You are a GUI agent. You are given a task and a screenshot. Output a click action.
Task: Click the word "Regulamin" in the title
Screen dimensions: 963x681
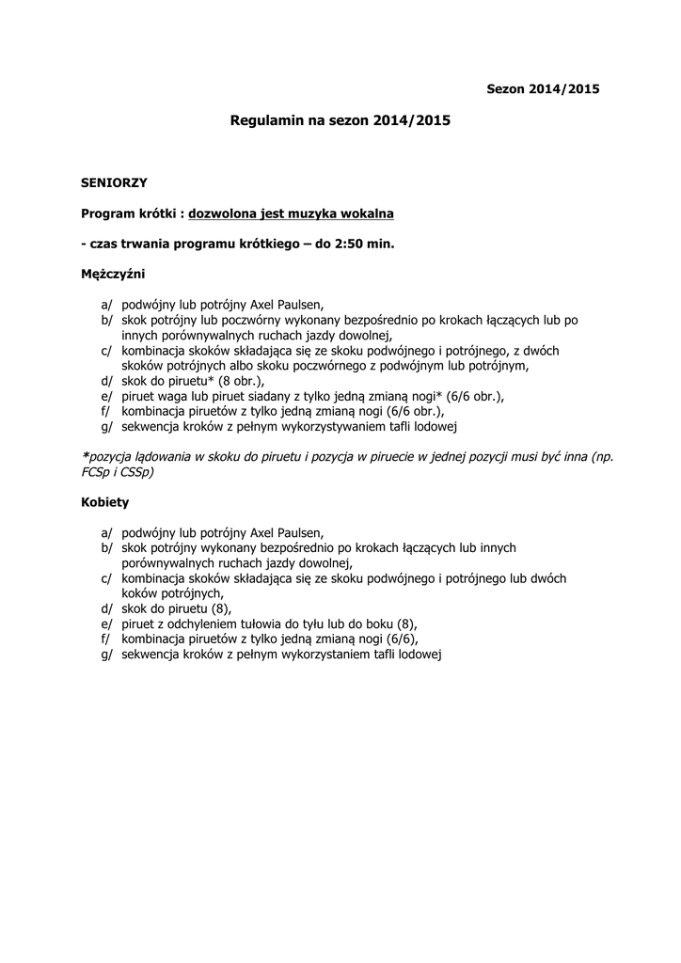pos(265,121)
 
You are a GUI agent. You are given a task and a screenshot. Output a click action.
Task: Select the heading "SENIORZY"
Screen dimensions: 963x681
pos(114,182)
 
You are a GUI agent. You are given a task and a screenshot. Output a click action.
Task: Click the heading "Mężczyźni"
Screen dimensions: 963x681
pos(114,274)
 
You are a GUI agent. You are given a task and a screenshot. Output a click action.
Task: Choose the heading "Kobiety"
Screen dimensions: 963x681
pos(104,502)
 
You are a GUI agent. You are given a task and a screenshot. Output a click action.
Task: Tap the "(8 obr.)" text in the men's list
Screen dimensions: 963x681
pos(239,381)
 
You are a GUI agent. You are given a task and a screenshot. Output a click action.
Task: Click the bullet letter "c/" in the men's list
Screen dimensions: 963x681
pos(106,351)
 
